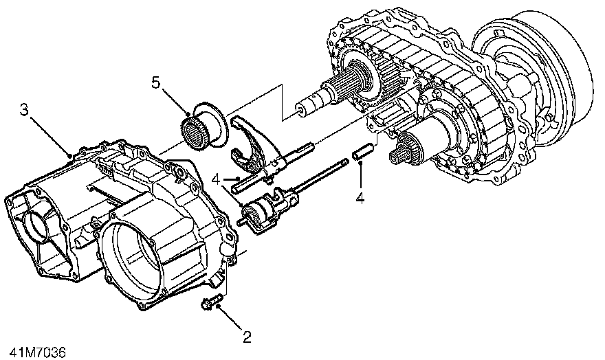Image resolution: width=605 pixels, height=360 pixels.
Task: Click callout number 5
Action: [x=156, y=83]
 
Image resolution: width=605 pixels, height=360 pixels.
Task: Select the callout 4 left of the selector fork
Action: [x=216, y=179]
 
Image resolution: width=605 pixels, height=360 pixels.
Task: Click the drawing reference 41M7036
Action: [x=33, y=352]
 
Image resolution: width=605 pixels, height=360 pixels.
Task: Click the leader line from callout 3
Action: [x=49, y=133]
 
